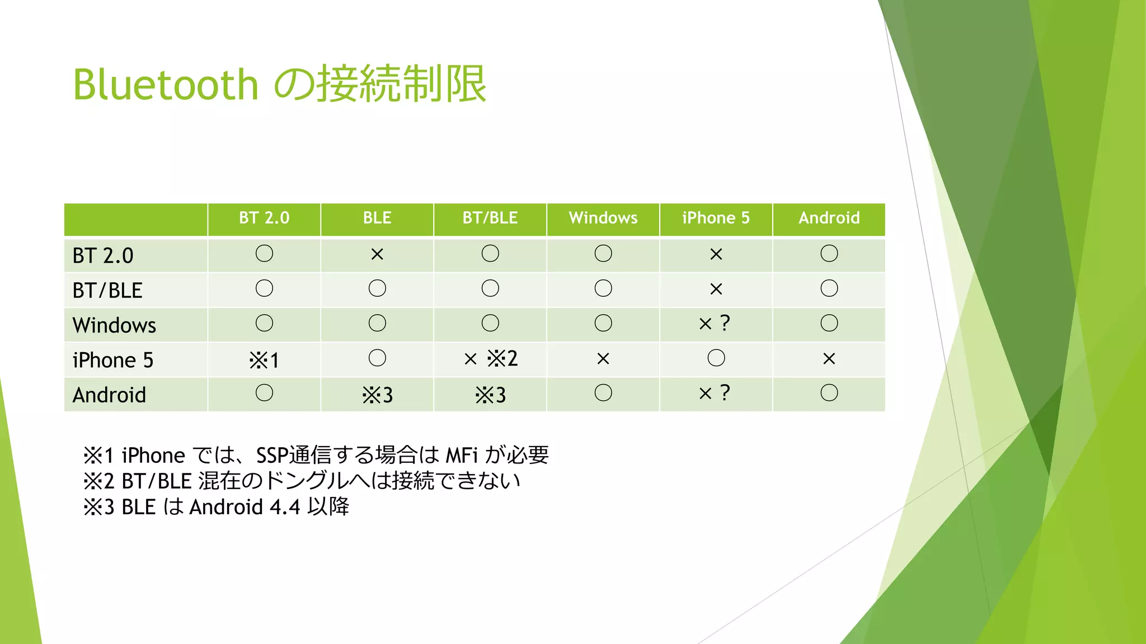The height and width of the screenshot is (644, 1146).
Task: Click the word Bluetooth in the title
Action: [166, 85]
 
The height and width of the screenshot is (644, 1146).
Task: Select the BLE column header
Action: [377, 218]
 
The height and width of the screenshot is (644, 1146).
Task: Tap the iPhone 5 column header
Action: [716, 218]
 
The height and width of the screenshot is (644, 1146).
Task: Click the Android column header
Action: [829, 218]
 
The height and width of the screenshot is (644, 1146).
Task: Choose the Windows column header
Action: [603, 218]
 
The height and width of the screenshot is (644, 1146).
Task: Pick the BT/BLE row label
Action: [107, 291]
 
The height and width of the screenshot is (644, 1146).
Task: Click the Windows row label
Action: [114, 325]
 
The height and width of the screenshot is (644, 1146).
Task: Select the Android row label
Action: [109, 395]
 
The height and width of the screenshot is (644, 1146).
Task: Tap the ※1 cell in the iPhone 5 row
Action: [264, 360]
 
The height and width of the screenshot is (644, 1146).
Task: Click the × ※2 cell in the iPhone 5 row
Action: [490, 358]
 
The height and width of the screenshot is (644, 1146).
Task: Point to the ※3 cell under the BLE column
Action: [377, 395]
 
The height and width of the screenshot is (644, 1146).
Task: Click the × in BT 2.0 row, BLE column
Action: [377, 255]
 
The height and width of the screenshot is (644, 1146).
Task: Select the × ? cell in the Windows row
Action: [715, 324]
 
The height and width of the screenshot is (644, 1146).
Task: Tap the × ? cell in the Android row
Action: [715, 394]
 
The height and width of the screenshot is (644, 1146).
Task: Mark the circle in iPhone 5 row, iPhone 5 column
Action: [716, 358]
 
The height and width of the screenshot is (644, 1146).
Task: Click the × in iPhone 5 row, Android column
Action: [829, 359]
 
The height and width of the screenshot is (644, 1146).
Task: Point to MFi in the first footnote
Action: [462, 456]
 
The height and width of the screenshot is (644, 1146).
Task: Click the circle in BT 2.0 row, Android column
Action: [829, 254]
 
